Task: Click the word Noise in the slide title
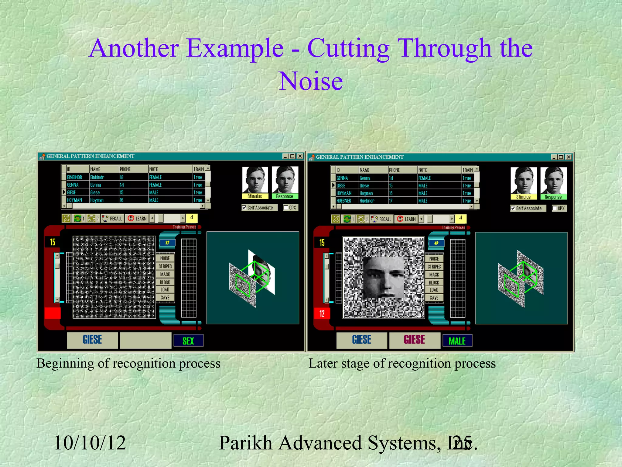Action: (x=311, y=81)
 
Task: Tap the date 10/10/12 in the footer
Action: (x=90, y=443)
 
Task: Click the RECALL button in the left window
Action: (x=113, y=218)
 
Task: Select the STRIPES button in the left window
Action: (x=165, y=266)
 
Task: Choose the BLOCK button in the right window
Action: (x=434, y=282)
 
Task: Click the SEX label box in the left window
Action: (x=188, y=341)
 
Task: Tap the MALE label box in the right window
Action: (x=457, y=341)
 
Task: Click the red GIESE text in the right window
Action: (x=414, y=340)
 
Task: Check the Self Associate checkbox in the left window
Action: (x=244, y=208)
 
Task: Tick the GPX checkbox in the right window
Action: (x=555, y=208)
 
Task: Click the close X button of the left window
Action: (x=300, y=156)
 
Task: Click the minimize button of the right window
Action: (x=554, y=157)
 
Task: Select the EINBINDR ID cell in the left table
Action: (x=75, y=177)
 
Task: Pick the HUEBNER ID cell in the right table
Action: (x=344, y=201)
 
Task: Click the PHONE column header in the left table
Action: (x=133, y=169)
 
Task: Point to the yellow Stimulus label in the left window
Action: (x=255, y=196)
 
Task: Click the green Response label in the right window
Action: (x=553, y=197)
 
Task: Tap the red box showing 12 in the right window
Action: (x=322, y=313)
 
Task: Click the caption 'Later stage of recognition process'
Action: (x=402, y=363)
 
